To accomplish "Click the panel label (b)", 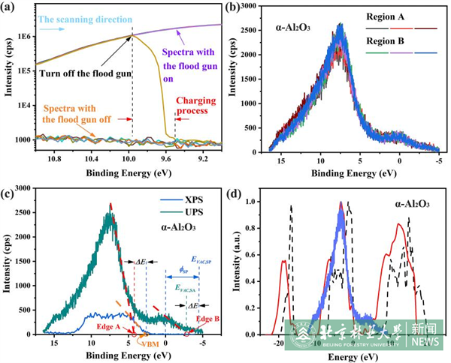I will pyautogui.click(x=235, y=8).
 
